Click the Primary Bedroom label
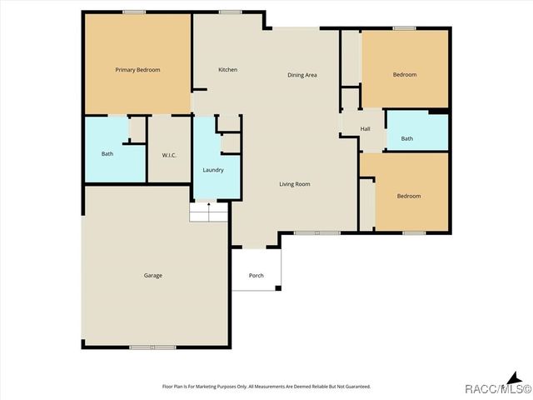point(137,70)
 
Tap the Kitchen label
point(228,70)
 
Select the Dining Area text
point(302,76)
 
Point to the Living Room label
point(295,184)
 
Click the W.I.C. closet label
point(169,155)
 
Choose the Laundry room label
point(212,171)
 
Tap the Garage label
point(152,276)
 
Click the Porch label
point(257,276)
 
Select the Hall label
point(365,129)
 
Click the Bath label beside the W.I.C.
point(107,154)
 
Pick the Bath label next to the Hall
point(406,139)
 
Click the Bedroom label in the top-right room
point(405,75)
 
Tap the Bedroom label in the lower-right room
point(409,197)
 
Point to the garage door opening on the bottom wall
point(152,347)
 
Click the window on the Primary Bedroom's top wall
point(134,12)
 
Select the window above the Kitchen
point(231,12)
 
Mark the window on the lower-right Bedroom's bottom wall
point(414,233)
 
